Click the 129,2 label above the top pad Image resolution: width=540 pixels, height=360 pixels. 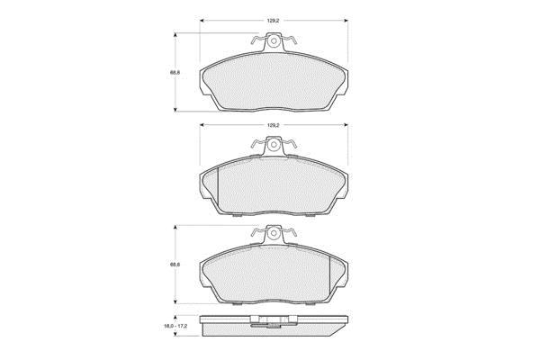pos(273,21)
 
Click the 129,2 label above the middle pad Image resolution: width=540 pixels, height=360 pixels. pos(273,125)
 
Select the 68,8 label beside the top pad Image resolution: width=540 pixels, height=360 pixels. pos(175,73)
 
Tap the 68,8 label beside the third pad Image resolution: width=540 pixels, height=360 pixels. pos(175,265)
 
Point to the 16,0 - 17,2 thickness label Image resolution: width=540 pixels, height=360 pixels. pos(175,326)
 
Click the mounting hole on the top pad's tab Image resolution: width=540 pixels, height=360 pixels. pos(274,41)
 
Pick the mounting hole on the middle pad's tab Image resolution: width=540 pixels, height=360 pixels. pos(274,145)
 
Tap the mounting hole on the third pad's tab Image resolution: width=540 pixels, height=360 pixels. pos(274,233)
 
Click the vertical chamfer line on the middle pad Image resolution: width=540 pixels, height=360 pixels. pos(218,190)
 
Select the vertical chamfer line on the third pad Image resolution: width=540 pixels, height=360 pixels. pos(329,279)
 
